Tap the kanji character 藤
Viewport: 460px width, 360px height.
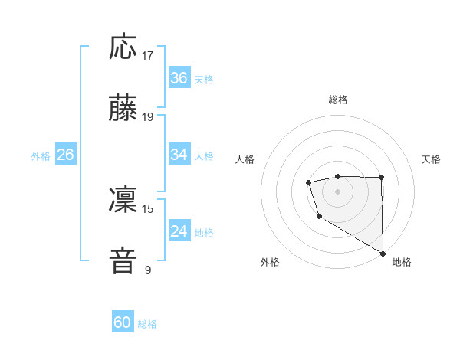point(123,109)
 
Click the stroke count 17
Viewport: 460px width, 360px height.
point(148,56)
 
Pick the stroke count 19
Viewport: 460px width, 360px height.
point(148,117)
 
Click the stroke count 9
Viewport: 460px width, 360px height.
point(148,270)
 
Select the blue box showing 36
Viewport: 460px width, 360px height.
point(179,78)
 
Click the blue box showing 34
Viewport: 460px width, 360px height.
point(179,155)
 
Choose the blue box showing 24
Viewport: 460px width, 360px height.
point(179,231)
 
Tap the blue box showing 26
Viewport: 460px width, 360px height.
point(65,155)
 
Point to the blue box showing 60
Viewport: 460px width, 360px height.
point(123,322)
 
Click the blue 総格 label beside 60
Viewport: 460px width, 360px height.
point(147,324)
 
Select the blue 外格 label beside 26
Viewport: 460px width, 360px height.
point(41,156)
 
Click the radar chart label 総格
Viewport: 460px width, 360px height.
point(337,100)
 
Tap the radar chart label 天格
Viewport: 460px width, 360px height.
point(431,159)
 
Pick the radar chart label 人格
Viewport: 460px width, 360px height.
point(245,159)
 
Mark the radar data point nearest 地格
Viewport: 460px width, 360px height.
point(383,253)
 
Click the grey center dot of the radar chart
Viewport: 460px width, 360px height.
point(337,191)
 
